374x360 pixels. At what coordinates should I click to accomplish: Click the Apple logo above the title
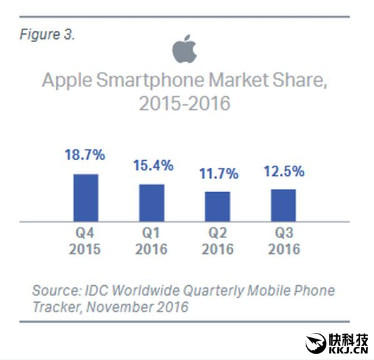click(185, 50)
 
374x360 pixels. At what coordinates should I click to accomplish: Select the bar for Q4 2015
click(86, 197)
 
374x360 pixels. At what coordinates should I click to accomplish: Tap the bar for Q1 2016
click(151, 202)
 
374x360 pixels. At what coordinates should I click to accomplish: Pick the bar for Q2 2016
click(218, 206)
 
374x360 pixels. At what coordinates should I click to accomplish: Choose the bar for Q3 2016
click(283, 205)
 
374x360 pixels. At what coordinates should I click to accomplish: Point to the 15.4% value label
click(152, 166)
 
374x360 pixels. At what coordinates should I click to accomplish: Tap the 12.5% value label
click(283, 171)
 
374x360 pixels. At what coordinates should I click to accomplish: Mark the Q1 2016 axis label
click(152, 241)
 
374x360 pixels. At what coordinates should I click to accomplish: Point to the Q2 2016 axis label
click(218, 241)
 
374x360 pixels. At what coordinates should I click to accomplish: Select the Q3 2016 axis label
click(284, 241)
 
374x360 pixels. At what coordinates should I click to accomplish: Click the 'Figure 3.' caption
click(47, 35)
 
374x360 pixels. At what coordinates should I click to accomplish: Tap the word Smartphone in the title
click(157, 81)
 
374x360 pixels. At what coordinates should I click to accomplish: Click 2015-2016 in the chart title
click(184, 102)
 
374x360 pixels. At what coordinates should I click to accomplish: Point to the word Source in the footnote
click(53, 291)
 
